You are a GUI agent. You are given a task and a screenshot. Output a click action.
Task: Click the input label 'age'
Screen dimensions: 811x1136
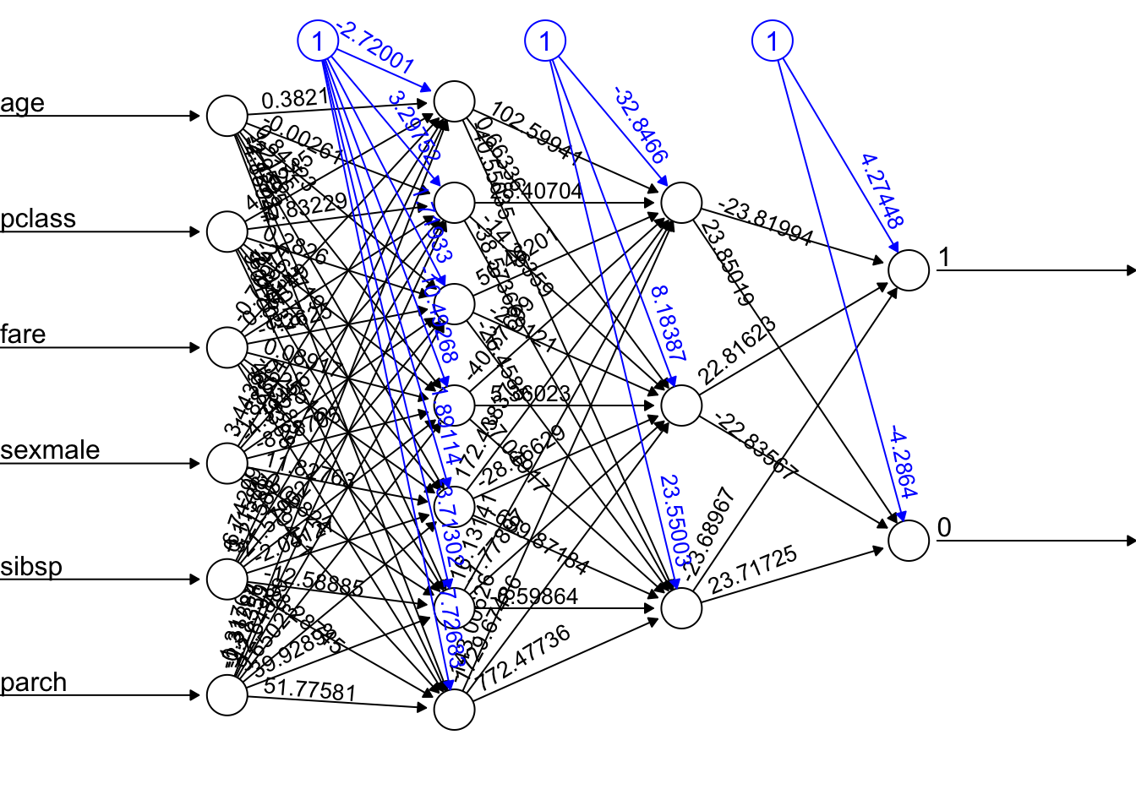(x=22, y=104)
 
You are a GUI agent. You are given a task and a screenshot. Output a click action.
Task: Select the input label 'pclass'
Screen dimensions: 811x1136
(x=38, y=220)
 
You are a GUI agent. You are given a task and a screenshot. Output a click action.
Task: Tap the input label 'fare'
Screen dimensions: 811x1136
(x=23, y=335)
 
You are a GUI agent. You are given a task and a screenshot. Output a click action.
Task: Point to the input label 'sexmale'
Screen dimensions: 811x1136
(x=50, y=450)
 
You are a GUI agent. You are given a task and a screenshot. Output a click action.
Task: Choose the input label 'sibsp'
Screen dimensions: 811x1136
(x=31, y=566)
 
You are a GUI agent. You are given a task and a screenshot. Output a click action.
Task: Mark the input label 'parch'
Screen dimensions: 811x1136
(x=33, y=683)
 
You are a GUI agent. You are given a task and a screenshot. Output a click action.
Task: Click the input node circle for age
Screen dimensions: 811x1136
(x=227, y=116)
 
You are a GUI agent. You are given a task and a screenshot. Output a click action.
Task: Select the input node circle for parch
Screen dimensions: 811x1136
(x=227, y=695)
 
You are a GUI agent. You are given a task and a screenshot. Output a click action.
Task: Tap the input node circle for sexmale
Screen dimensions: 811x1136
(x=227, y=463)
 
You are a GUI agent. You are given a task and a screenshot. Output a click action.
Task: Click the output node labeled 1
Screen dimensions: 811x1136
(x=909, y=270)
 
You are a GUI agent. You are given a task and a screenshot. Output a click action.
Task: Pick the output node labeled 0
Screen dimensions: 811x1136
(x=909, y=541)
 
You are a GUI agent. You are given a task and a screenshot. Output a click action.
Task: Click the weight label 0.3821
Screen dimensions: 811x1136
(x=295, y=100)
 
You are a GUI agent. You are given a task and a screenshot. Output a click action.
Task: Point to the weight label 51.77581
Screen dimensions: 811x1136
(x=309, y=690)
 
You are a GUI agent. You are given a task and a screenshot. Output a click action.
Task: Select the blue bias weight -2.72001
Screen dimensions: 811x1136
(x=375, y=49)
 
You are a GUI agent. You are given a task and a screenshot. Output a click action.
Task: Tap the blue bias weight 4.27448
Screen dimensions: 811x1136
(x=882, y=191)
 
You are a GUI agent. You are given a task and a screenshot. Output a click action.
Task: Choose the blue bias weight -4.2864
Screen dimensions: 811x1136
(x=902, y=465)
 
